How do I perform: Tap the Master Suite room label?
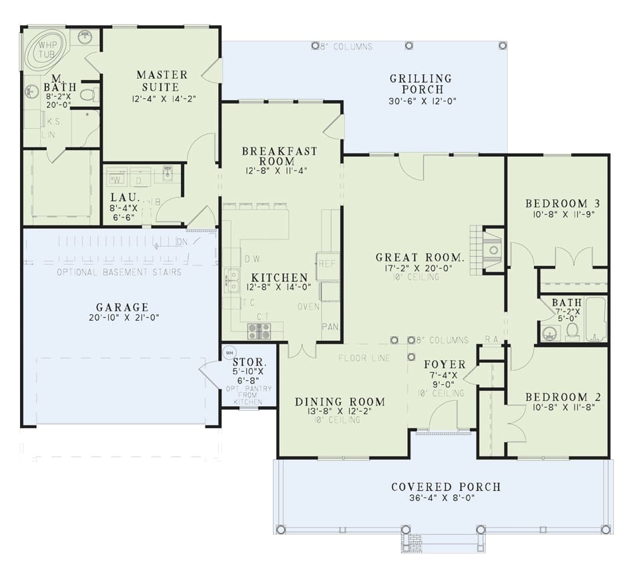point(162,81)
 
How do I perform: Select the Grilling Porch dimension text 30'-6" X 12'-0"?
point(420,102)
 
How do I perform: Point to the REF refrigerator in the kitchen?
point(327,263)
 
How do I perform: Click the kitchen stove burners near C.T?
point(259,331)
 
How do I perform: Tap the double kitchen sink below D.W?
point(232,281)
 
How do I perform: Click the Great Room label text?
point(420,257)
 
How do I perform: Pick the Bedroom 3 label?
point(557,203)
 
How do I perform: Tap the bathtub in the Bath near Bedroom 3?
point(595,319)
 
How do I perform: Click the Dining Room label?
point(340,402)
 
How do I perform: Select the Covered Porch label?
point(446,487)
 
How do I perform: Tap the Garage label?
point(122,308)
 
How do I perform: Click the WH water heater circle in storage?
point(230,352)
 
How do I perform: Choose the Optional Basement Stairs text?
point(119,272)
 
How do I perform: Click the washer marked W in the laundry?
point(117,180)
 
